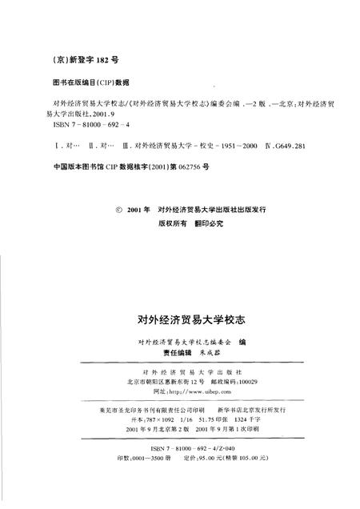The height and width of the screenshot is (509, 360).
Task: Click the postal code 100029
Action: point(237,383)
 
